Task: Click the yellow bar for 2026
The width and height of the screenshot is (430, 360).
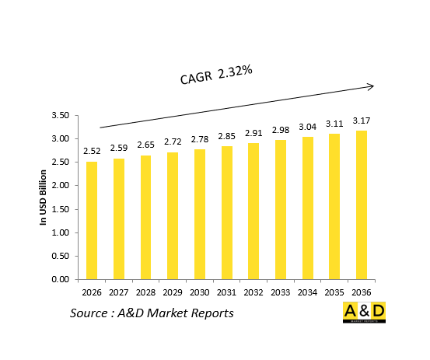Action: coord(92,220)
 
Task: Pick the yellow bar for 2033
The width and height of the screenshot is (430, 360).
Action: coord(281,209)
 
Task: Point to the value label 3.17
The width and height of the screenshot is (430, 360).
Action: coord(362,121)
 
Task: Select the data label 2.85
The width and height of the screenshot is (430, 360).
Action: coord(227,137)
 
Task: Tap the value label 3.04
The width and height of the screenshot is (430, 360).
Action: coord(308,128)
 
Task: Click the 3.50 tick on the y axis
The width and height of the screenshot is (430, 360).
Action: coord(60,116)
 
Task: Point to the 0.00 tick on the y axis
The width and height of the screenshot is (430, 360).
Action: coord(60,279)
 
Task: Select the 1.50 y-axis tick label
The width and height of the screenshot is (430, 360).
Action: coord(60,209)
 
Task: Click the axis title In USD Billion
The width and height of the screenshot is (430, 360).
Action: coord(44,198)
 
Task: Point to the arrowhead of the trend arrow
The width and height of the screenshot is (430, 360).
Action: coord(371,86)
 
